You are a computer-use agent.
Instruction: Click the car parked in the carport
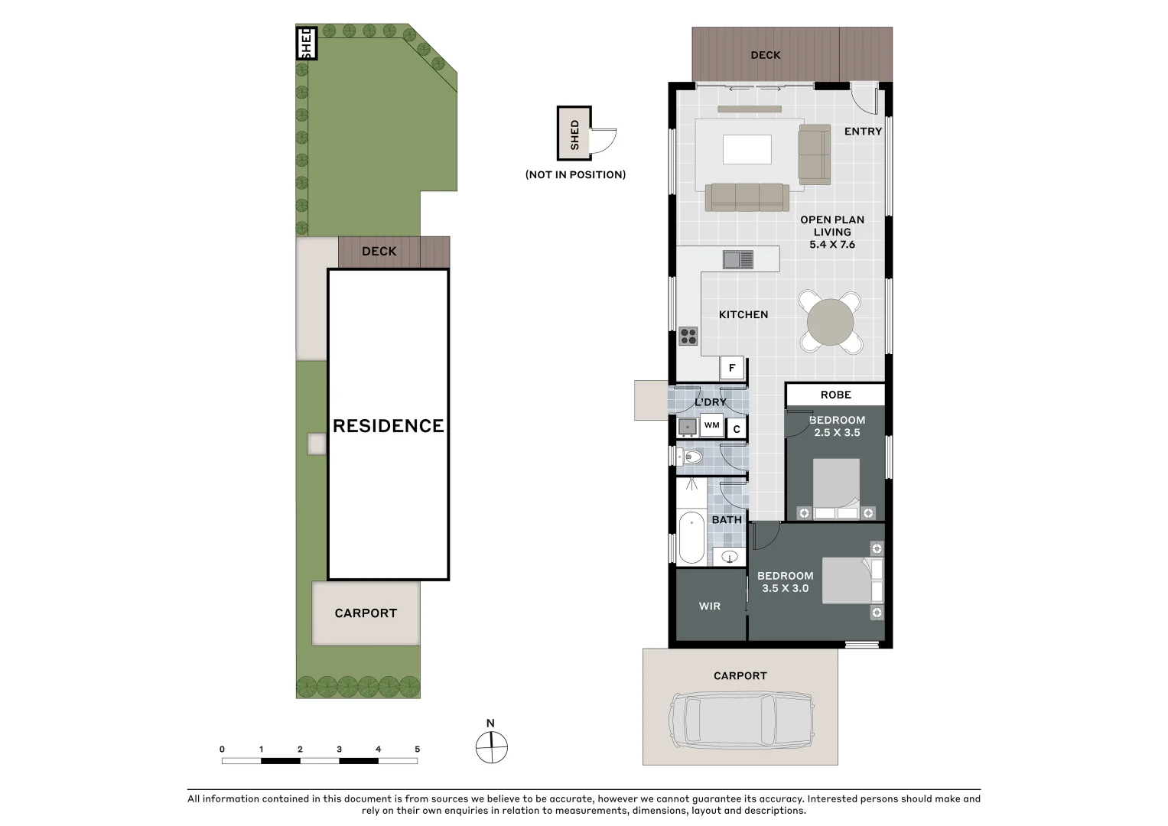coord(740,721)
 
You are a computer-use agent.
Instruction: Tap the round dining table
coord(830,322)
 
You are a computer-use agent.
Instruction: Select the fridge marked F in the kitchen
coord(732,368)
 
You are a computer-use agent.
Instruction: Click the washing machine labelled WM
coord(711,425)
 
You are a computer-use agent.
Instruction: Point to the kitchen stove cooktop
coord(688,336)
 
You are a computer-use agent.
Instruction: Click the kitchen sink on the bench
coord(738,260)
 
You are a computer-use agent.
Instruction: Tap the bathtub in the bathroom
coord(691,537)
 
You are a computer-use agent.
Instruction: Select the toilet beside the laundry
coord(692,457)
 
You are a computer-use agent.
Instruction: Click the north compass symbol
coord(491,747)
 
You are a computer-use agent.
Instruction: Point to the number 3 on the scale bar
coord(339,750)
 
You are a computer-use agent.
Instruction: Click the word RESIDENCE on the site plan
coord(388,426)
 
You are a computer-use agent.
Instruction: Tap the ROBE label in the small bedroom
coord(835,395)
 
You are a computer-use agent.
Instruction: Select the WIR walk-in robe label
coord(709,606)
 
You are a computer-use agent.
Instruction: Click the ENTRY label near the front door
coord(863,132)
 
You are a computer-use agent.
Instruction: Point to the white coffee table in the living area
coord(747,149)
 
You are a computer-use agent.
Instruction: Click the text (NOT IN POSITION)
coord(575,174)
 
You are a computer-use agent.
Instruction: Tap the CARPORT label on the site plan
coord(366,613)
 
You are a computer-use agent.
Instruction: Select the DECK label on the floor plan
coord(765,55)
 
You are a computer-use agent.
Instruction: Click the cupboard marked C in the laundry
coord(737,429)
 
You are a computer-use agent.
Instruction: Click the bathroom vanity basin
coord(730,556)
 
